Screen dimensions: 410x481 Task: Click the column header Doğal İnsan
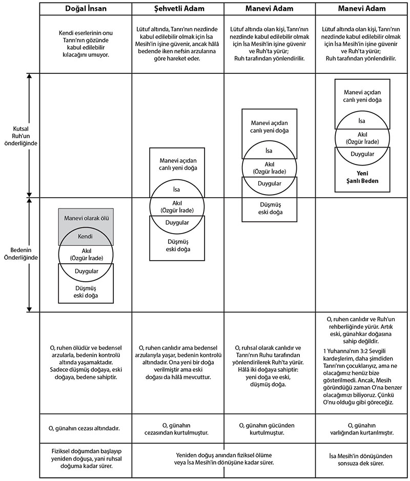(86, 9)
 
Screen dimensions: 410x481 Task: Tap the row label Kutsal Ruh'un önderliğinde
(20, 136)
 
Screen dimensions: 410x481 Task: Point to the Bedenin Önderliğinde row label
(20, 254)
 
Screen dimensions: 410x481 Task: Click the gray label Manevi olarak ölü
(86, 218)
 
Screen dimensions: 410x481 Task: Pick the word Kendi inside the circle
(85, 237)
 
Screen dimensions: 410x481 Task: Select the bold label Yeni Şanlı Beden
(362, 177)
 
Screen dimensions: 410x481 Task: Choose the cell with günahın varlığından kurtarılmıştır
(362, 429)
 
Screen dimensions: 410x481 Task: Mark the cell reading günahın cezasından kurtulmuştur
(176, 429)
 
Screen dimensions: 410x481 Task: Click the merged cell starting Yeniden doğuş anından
(224, 458)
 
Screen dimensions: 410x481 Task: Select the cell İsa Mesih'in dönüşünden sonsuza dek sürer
(361, 459)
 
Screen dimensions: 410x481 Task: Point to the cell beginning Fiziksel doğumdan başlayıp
(86, 458)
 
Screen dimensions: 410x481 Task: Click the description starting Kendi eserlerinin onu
(86, 44)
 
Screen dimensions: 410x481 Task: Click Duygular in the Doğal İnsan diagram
(87, 271)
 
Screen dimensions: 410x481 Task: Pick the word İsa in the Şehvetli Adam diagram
(176, 190)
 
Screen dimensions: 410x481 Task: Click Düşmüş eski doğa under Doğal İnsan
(86, 292)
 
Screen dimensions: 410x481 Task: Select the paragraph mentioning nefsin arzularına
(177, 44)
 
